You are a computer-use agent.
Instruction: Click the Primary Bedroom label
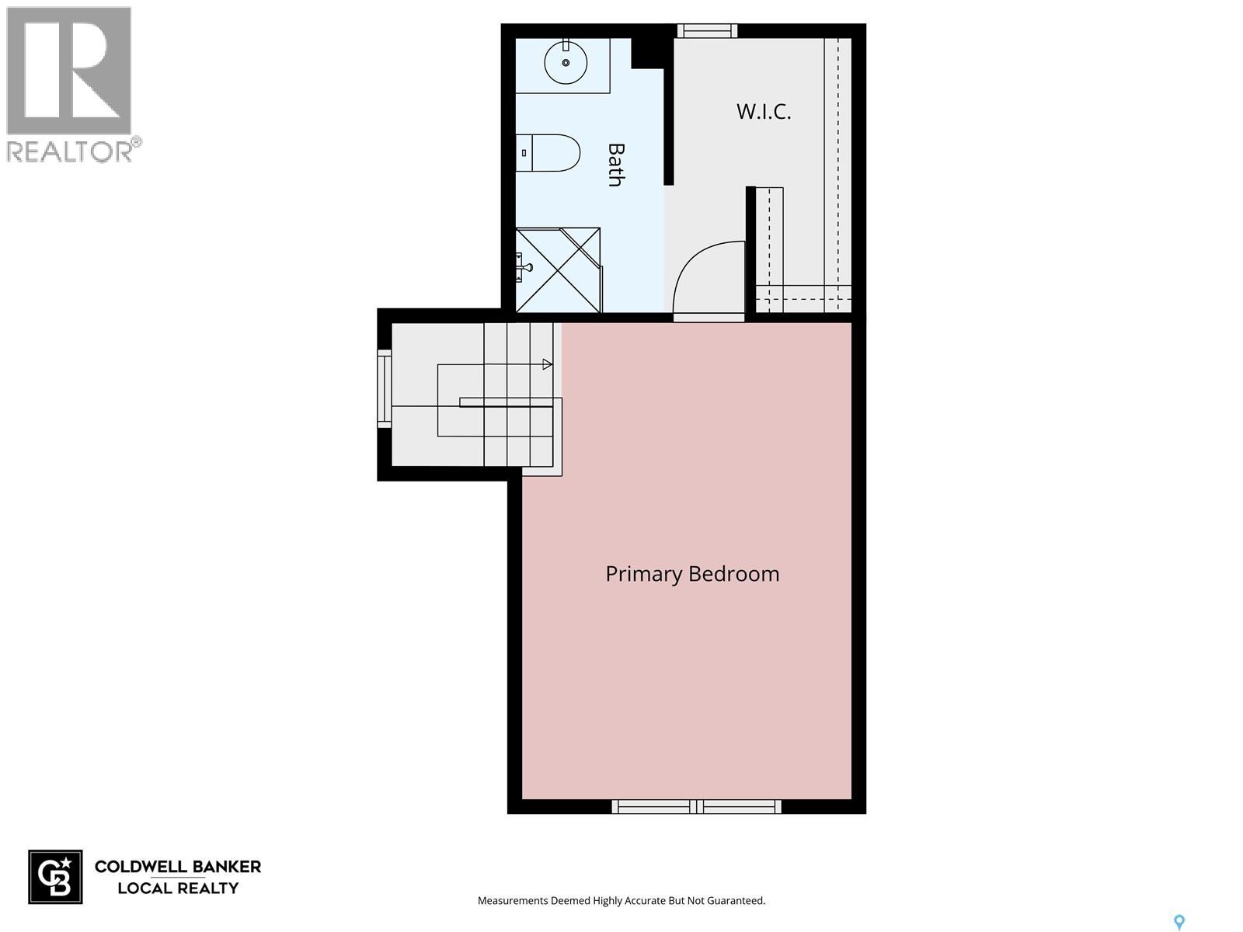pyautogui.click(x=691, y=574)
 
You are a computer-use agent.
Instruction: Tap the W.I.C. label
pyautogui.click(x=764, y=112)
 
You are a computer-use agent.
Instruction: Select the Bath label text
pyautogui.click(x=615, y=165)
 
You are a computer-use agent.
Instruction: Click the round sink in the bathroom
pyautogui.click(x=566, y=61)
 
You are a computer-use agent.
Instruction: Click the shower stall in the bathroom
pyautogui.click(x=559, y=270)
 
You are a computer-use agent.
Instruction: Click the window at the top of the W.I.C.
pyautogui.click(x=706, y=31)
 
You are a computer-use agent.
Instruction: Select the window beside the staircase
pyautogui.click(x=385, y=388)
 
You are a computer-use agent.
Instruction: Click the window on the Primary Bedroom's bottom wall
pyautogui.click(x=696, y=806)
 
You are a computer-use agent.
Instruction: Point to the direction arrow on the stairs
pyautogui.click(x=547, y=363)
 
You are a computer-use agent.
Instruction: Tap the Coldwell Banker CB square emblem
pyautogui.click(x=55, y=877)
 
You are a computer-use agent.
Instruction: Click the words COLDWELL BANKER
pyautogui.click(x=178, y=867)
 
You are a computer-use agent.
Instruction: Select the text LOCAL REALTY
pyautogui.click(x=178, y=888)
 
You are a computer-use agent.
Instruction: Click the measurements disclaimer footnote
pyautogui.click(x=621, y=901)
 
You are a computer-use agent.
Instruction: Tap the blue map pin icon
pyautogui.click(x=1179, y=923)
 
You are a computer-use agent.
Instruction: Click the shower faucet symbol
pyautogui.click(x=524, y=268)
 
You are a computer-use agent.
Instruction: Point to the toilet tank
pyautogui.click(x=524, y=153)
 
